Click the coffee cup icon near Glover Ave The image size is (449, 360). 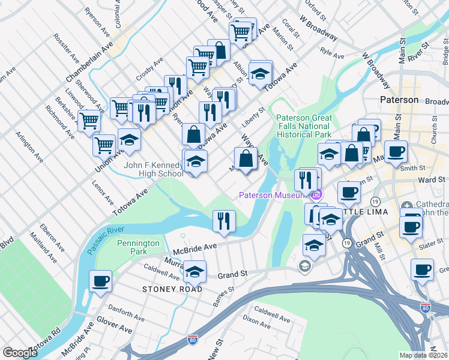[100, 281]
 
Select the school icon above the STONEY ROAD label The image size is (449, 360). [194, 272]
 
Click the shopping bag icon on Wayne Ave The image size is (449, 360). [247, 159]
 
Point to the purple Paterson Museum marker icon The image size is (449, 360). [316, 194]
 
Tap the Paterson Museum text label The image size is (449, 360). [273, 194]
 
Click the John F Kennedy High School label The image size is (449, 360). [153, 169]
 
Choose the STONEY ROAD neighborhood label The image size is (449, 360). [168, 289]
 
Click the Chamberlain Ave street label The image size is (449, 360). [90, 62]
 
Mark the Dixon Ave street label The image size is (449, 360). [257, 323]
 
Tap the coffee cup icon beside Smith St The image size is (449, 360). [396, 151]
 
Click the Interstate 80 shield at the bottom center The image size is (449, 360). [193, 340]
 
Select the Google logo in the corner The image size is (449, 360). [20, 353]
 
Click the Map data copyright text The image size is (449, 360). [424, 355]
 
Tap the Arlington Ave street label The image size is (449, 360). [29, 147]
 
